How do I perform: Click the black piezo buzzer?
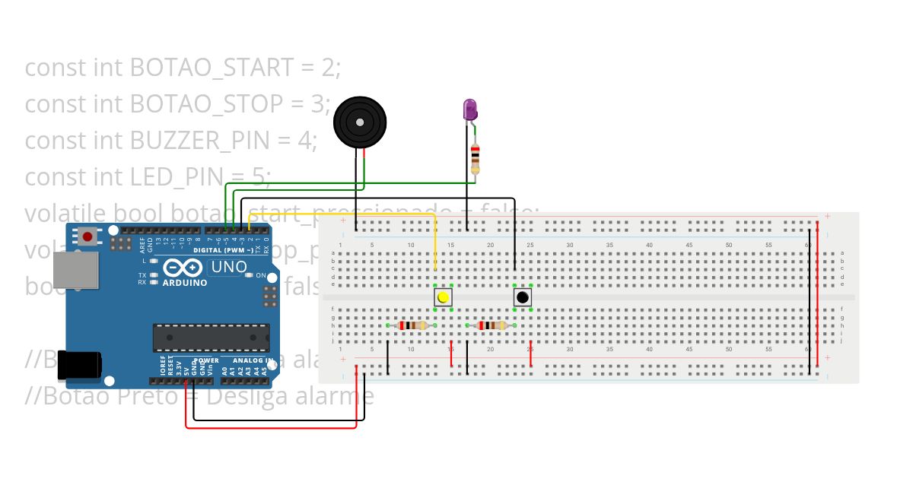tap(360, 122)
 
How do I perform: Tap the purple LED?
tap(469, 110)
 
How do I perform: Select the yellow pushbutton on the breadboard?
tap(443, 297)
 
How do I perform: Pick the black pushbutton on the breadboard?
tap(523, 297)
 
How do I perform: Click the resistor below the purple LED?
tap(476, 158)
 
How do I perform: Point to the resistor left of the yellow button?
tap(412, 325)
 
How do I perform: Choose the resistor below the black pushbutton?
tap(491, 325)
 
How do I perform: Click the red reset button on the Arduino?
tap(88, 236)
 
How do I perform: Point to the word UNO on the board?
tap(228, 267)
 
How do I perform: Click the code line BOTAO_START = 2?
tap(183, 68)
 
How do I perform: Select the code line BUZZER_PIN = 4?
tap(170, 141)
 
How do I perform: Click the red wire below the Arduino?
tap(271, 427)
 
